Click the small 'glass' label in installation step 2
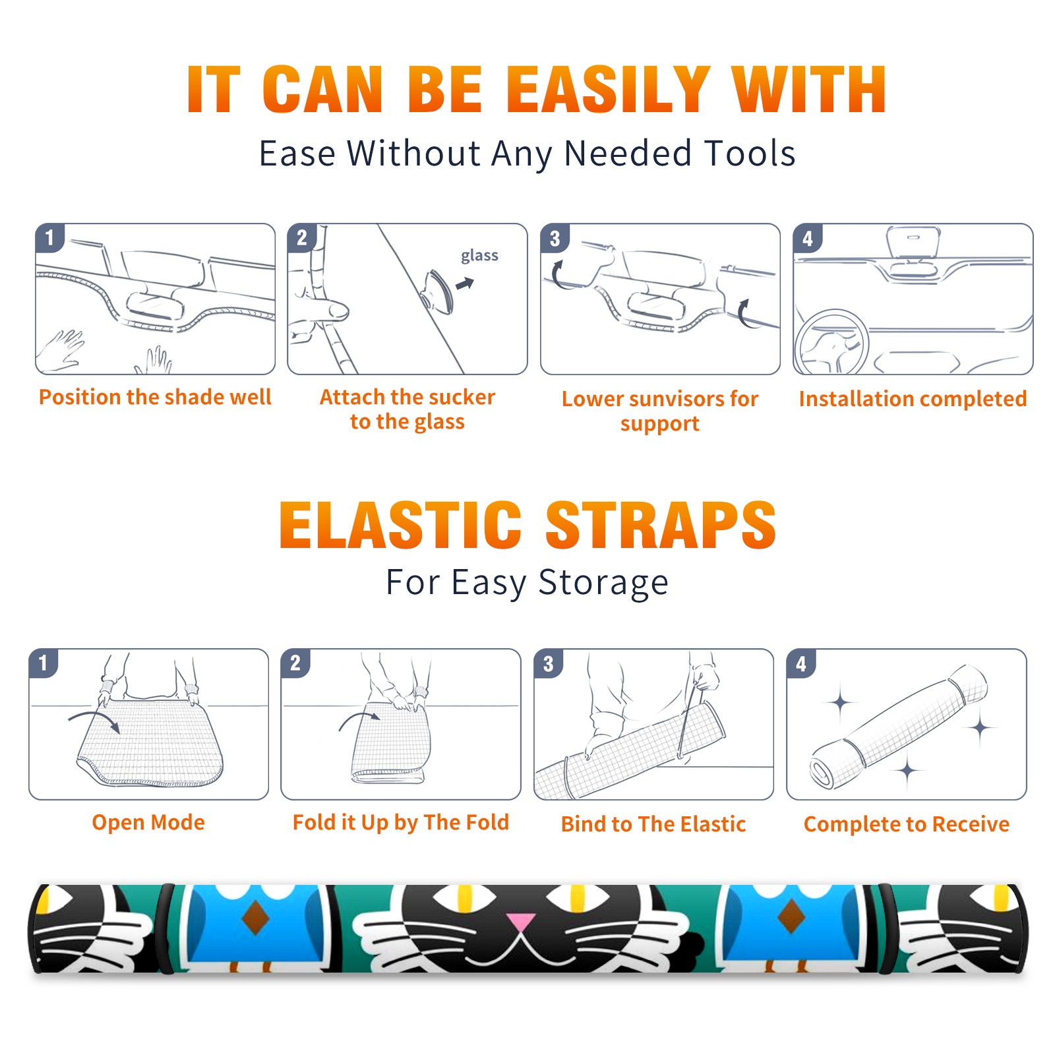pos(479,256)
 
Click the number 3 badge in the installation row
pos(555,238)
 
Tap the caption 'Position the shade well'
pos(155,398)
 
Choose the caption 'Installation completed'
pos(913,399)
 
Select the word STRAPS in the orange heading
pos(661,525)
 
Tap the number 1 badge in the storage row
pos(44,663)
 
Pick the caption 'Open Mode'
pos(148,822)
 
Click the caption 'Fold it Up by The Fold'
pos(401,823)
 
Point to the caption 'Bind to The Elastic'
pos(653,824)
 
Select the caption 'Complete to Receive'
pos(907,825)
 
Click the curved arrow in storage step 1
pos(92,715)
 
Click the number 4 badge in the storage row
pos(801,663)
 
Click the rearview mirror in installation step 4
pos(913,242)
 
